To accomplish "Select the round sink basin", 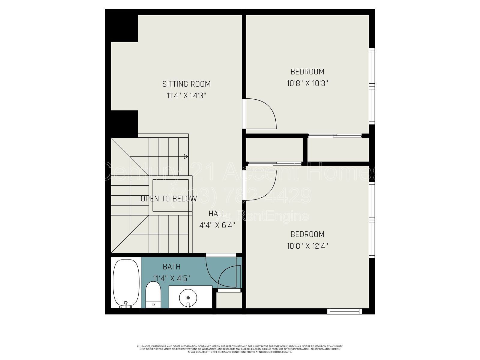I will point(188,298).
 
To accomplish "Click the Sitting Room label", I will point(186,84).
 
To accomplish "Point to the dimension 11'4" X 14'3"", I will point(186,96).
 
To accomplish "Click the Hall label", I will point(217,214).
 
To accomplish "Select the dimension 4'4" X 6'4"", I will point(217,225).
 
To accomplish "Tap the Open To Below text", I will point(169,199).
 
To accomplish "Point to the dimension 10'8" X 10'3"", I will point(307,83).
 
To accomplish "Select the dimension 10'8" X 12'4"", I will point(307,246).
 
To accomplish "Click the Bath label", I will point(172,267).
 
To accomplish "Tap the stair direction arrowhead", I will point(186,156).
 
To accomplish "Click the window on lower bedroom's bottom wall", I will point(344,311).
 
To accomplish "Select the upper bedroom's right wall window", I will point(372,86).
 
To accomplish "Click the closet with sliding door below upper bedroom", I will point(338,149).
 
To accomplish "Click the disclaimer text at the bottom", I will point(240,349).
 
